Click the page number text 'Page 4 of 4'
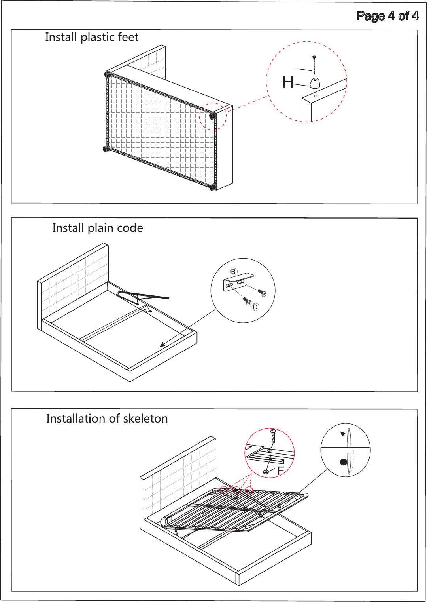coord(387,16)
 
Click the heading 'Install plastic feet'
coord(92,37)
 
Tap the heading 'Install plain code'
coord(97,228)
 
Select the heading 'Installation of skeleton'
coord(107,419)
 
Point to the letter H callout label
coord(288,82)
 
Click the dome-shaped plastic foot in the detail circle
coord(315,83)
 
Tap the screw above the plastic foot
coord(314,65)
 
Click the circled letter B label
coord(233,271)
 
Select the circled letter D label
coord(255,307)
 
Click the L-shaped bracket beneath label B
coord(238,282)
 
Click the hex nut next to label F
coord(266,472)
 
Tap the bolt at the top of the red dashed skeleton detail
coord(273,436)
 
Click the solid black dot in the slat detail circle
coord(344,462)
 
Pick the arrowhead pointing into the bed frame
coord(162,345)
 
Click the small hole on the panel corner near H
coord(316,96)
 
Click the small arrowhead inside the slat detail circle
coord(343,434)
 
